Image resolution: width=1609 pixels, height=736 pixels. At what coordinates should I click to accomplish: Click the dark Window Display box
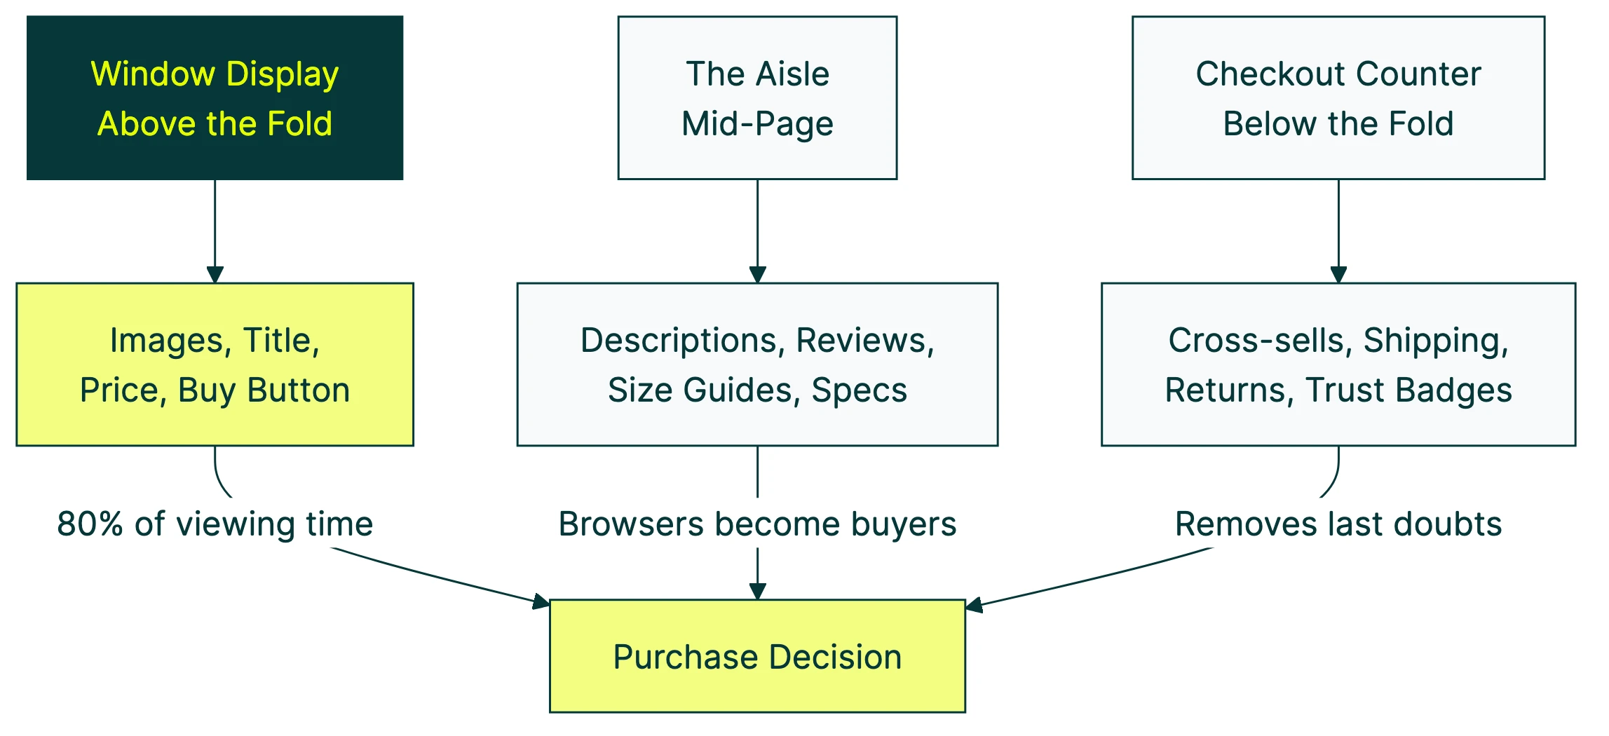click(x=215, y=97)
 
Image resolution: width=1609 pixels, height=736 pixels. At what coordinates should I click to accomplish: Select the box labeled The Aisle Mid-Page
click(x=757, y=97)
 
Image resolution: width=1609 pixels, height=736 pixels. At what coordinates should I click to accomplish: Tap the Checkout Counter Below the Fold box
click(x=1338, y=97)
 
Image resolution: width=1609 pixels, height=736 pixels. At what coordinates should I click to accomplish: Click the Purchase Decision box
click(x=757, y=656)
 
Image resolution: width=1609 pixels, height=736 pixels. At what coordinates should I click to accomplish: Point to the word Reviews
click(x=864, y=341)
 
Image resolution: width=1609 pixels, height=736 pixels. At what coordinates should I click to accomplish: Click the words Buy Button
click(x=264, y=390)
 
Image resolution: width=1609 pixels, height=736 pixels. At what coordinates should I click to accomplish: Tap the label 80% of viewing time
click(x=215, y=524)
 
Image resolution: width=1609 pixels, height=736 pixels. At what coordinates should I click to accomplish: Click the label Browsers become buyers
click(x=757, y=524)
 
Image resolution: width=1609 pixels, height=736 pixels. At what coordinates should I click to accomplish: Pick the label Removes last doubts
click(x=1338, y=524)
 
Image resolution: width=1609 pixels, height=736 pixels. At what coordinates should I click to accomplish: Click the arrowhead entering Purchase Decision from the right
click(x=975, y=605)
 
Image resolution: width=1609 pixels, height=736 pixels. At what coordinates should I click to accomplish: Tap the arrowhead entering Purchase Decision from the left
click(x=541, y=601)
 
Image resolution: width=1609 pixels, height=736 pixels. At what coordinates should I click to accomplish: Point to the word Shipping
click(x=1435, y=341)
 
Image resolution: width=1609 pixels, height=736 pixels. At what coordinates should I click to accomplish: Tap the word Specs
click(x=859, y=390)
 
